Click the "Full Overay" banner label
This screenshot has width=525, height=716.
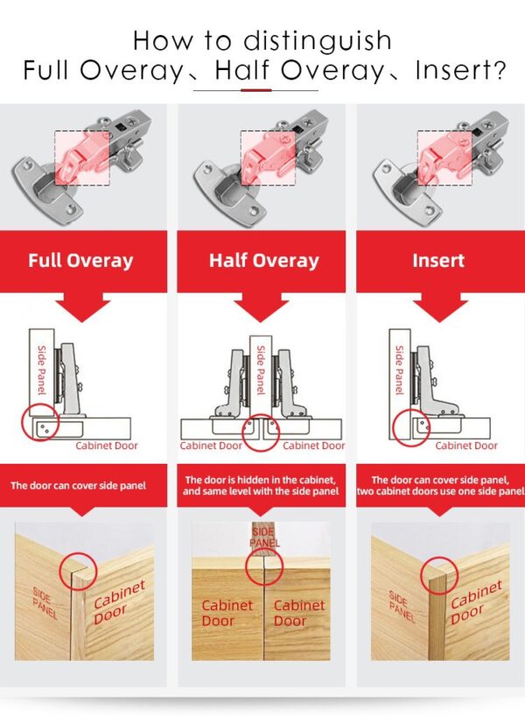tap(80, 260)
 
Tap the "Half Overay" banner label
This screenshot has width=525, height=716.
tap(263, 260)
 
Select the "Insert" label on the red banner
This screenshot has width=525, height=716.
tap(438, 260)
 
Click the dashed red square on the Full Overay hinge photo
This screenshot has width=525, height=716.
tap(83, 158)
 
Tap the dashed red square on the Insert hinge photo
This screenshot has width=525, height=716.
tap(444, 158)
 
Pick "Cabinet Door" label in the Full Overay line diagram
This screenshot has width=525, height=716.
tap(106, 446)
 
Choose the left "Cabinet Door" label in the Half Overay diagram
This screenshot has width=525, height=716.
tap(211, 446)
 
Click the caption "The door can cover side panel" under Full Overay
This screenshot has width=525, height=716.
tap(78, 485)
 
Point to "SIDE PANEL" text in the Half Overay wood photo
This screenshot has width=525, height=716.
tap(263, 537)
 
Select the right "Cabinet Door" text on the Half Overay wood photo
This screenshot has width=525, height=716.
tap(299, 613)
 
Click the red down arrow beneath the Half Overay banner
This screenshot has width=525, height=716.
tap(263, 307)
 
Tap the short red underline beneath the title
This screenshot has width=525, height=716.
tap(255, 89)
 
